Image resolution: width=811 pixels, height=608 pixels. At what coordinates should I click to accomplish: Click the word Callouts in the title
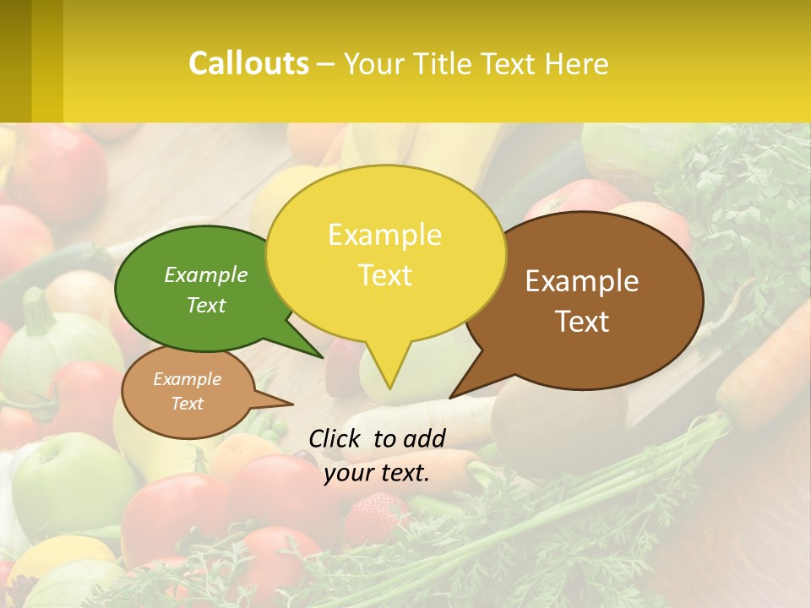[248, 63]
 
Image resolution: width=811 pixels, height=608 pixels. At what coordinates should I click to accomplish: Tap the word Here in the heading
[576, 63]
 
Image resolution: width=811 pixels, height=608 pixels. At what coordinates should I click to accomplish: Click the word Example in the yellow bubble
[384, 235]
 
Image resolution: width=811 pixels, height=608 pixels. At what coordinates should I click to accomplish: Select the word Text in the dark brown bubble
[582, 322]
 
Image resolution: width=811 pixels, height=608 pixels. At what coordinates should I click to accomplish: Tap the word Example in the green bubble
[206, 275]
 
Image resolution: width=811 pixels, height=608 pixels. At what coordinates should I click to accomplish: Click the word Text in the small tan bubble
[188, 404]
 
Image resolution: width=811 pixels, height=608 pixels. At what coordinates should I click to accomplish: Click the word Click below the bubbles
[336, 438]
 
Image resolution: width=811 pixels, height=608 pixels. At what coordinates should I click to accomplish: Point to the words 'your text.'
[377, 473]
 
